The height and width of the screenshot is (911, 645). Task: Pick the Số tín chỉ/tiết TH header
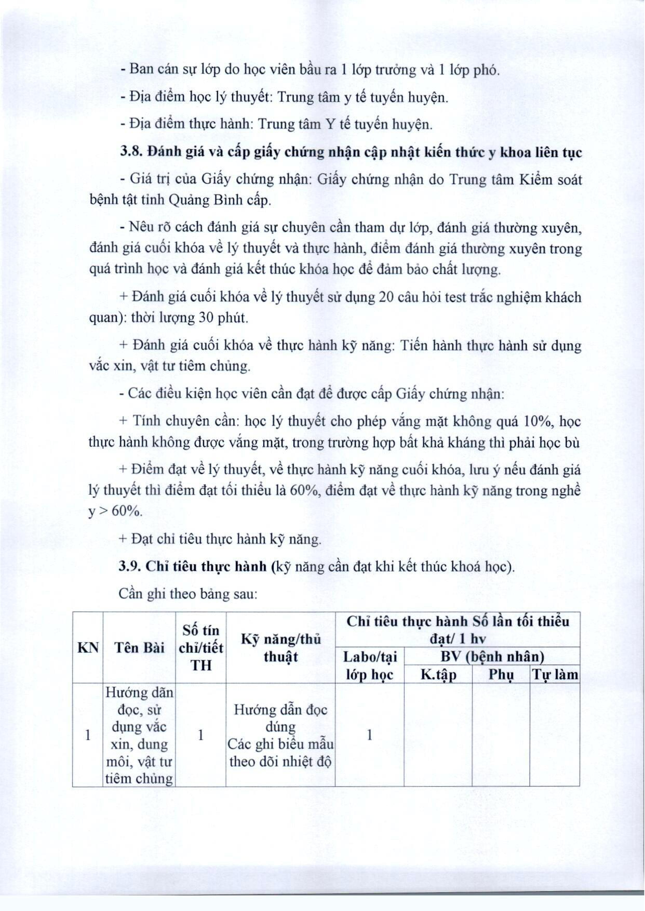click(201, 648)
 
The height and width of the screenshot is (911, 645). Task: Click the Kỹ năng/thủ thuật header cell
click(280, 648)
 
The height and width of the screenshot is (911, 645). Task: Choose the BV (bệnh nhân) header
click(492, 656)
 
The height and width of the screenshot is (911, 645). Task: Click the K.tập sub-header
click(438, 674)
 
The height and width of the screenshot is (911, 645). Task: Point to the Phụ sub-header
click(501, 674)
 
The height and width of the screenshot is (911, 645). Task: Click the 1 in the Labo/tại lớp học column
click(369, 735)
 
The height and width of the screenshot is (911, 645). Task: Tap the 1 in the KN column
click(88, 735)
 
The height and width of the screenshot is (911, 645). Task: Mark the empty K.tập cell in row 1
click(438, 735)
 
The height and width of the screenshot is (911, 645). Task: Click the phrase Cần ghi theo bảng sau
click(188, 594)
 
